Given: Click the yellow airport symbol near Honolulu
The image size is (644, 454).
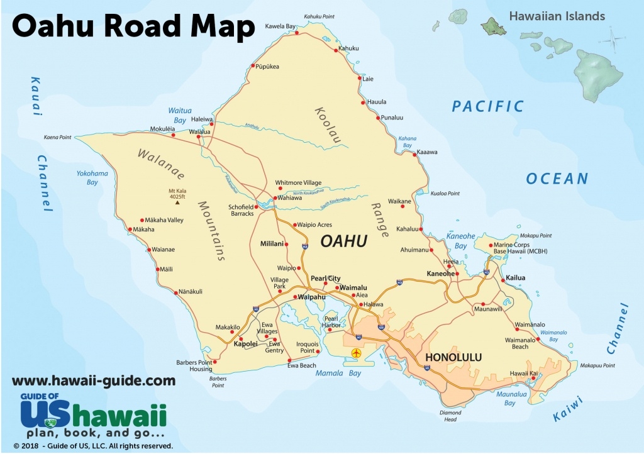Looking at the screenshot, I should (358, 352).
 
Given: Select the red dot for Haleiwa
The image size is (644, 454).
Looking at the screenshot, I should (212, 124).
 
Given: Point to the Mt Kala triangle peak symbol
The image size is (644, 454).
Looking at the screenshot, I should (177, 202).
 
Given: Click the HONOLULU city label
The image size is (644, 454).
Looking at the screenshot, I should (453, 357).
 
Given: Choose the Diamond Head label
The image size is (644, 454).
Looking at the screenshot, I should (450, 416).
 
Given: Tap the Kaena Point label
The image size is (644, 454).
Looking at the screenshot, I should (57, 137).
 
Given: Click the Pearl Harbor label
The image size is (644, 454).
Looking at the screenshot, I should (331, 322).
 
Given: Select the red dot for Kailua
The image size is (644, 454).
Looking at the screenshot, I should (502, 279).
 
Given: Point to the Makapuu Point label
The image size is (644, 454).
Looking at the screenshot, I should (596, 365).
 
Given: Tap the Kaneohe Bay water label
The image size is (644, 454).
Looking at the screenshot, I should (460, 241).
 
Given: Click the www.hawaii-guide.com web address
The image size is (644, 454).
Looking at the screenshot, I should (94, 380).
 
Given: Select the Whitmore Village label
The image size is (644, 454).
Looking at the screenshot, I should (298, 183).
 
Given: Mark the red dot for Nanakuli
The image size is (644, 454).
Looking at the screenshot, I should (175, 292).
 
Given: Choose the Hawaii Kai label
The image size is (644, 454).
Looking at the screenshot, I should (523, 374).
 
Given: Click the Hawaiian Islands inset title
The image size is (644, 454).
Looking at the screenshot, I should (557, 16).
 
